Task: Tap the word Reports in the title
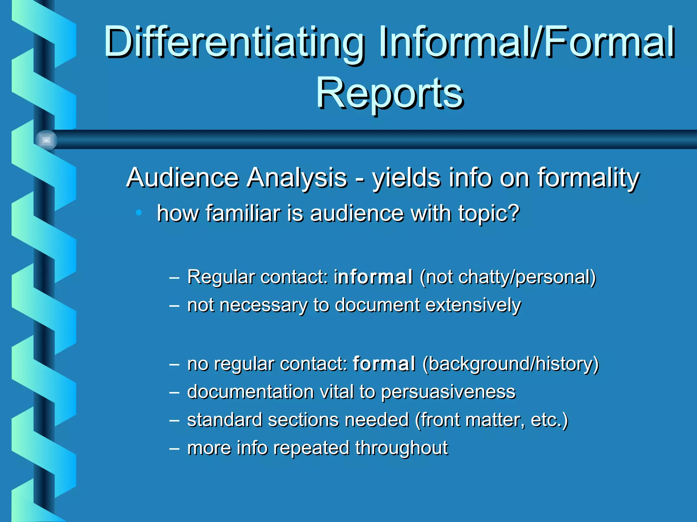point(390,93)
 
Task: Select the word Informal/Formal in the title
point(527,42)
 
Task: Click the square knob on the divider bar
point(46,140)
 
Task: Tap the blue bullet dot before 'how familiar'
point(139,213)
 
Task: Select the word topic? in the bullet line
point(489,214)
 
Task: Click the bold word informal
point(373,277)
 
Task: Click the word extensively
point(473,305)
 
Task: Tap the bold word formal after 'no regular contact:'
point(384,364)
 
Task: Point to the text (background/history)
point(510,364)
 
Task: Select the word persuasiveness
point(448,392)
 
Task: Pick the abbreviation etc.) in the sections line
point(549,420)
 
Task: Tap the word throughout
point(402,448)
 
